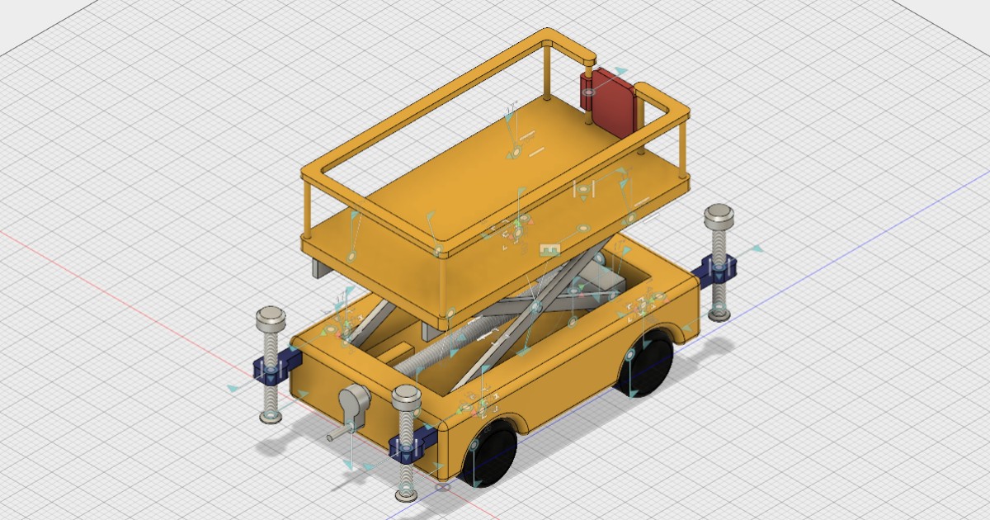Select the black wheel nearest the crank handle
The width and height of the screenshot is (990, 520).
492,452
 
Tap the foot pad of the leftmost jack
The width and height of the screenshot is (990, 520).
270,418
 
